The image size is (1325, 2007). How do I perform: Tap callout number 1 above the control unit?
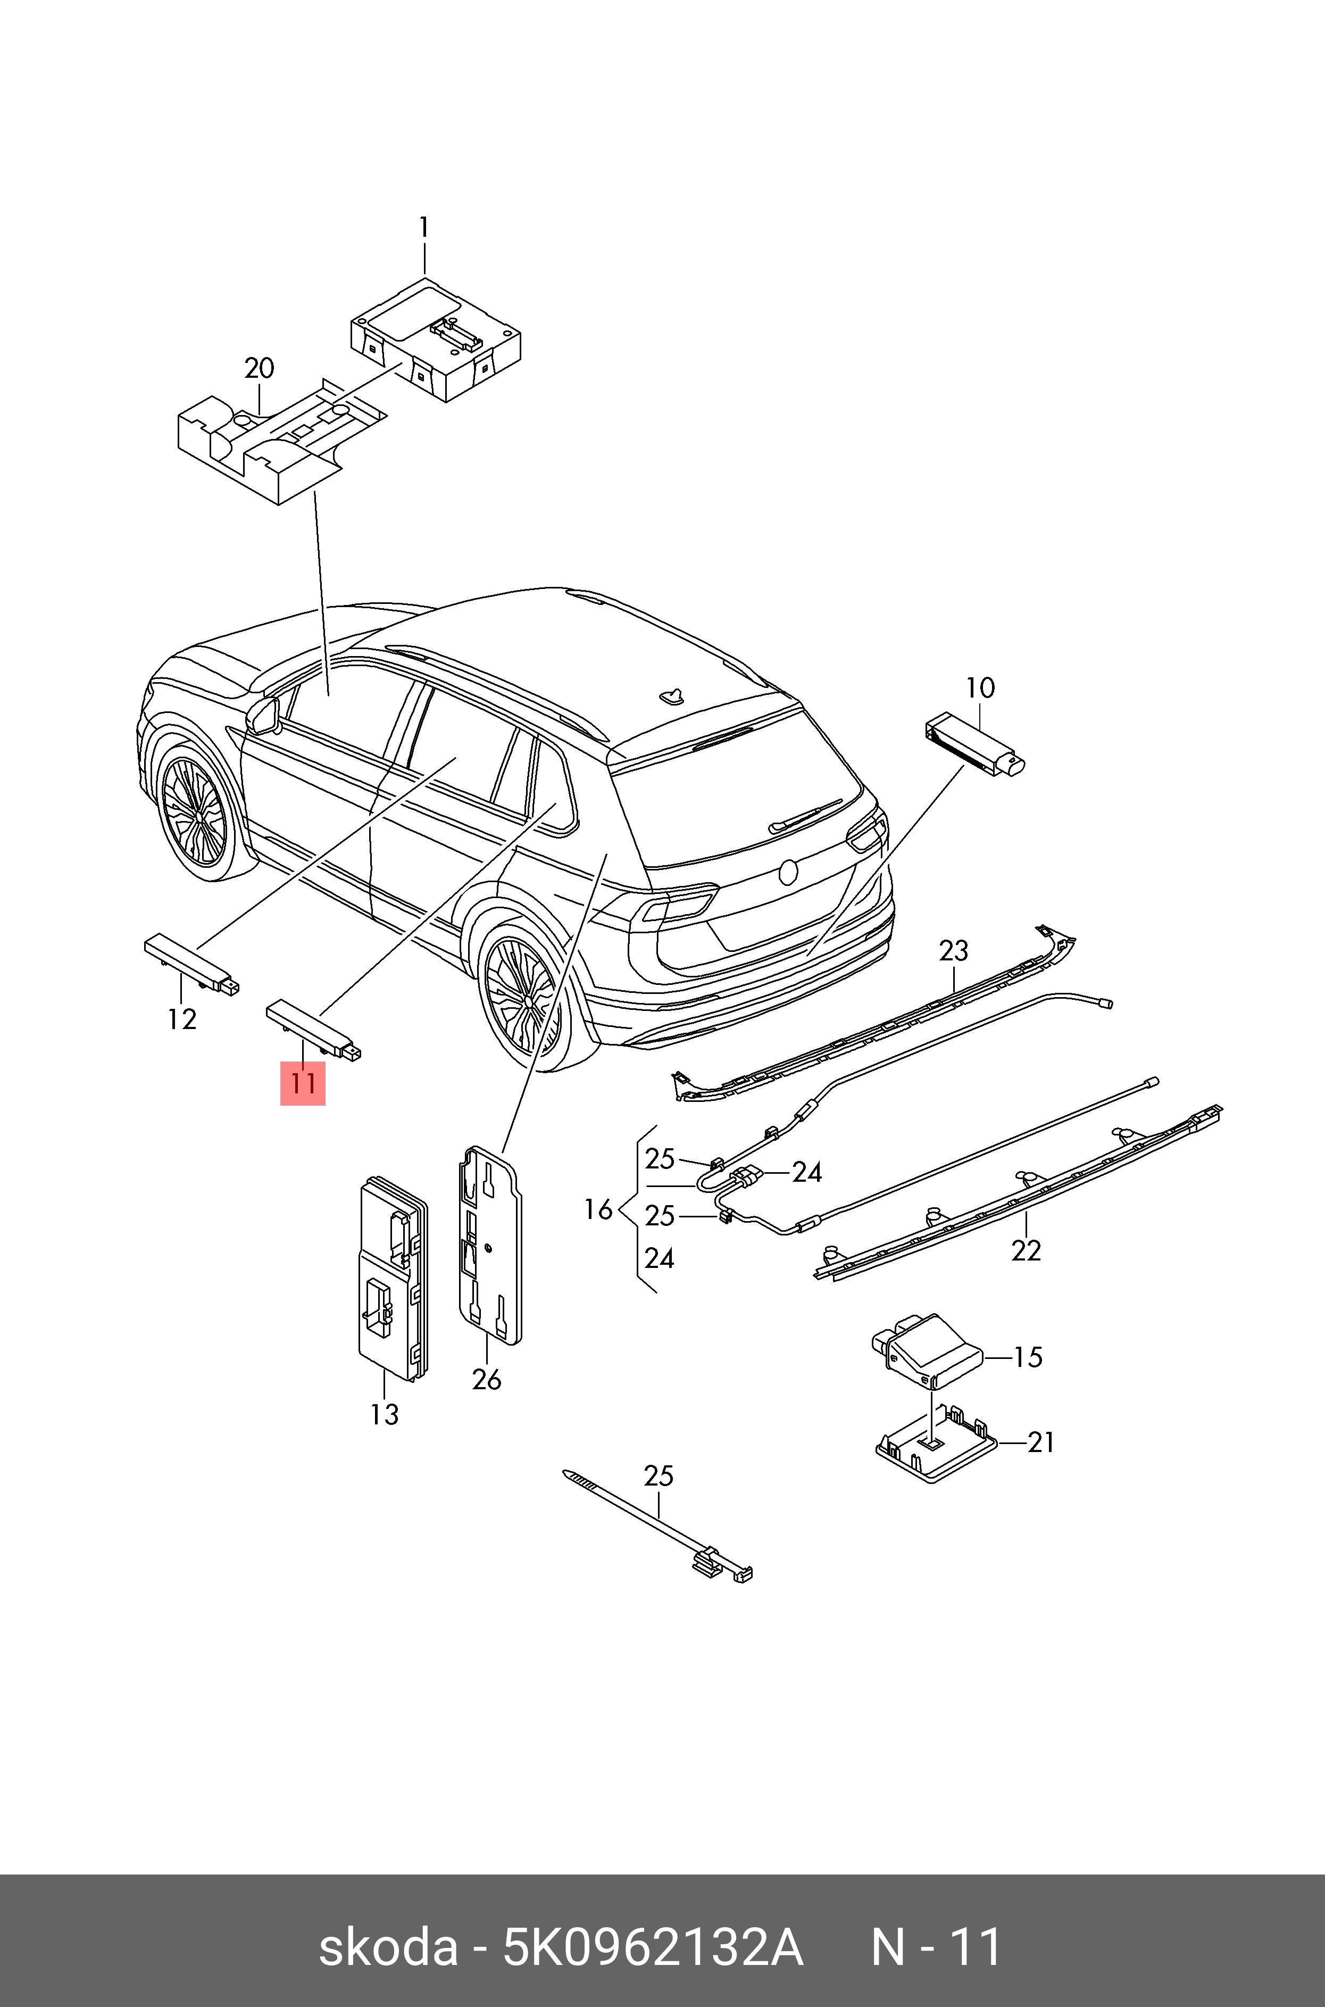point(424,228)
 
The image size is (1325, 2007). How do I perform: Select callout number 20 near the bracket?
point(260,369)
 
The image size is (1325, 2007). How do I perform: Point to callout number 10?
point(980,688)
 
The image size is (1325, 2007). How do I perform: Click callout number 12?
point(182,1020)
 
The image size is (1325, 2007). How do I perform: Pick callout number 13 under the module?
point(385,1415)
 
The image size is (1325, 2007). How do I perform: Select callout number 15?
point(1028,1357)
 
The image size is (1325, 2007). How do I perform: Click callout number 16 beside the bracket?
point(598,1210)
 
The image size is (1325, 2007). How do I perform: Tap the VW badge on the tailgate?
point(788,872)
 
